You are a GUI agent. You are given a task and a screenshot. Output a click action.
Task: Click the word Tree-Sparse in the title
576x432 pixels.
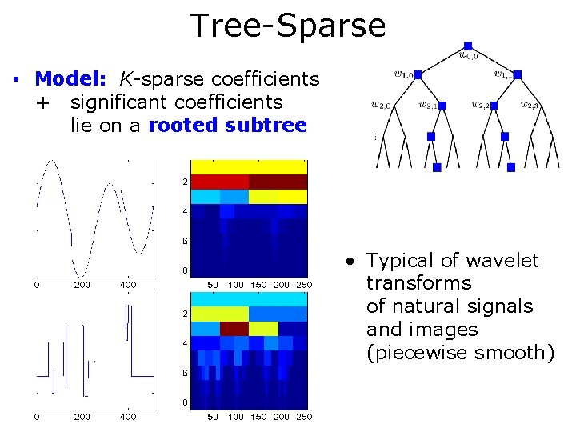pyautogui.click(x=287, y=26)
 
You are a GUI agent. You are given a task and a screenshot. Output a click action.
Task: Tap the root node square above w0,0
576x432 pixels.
pyautogui.click(x=468, y=46)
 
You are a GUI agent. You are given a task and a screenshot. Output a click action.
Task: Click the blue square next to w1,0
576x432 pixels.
pyautogui.click(x=419, y=75)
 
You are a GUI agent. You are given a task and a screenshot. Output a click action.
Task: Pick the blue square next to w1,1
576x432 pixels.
pyautogui.click(x=518, y=75)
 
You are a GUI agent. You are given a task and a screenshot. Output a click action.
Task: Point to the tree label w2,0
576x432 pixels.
pyautogui.click(x=382, y=104)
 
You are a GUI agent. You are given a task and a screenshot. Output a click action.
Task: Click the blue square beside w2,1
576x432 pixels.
pyautogui.click(x=442, y=105)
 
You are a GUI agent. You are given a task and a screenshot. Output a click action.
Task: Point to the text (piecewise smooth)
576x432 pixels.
pyautogui.click(x=460, y=352)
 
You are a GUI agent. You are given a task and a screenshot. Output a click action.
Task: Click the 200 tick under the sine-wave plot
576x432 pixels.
pyautogui.click(x=82, y=284)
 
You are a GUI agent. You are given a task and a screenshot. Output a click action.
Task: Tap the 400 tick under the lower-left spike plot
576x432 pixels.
pyautogui.click(x=128, y=417)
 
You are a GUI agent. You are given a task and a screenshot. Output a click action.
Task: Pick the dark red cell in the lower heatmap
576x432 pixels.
pyautogui.click(x=234, y=329)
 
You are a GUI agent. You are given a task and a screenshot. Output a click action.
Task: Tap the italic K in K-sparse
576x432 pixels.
pyautogui.click(x=126, y=79)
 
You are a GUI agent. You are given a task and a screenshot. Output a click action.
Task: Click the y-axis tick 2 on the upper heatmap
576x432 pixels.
pyautogui.click(x=185, y=182)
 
